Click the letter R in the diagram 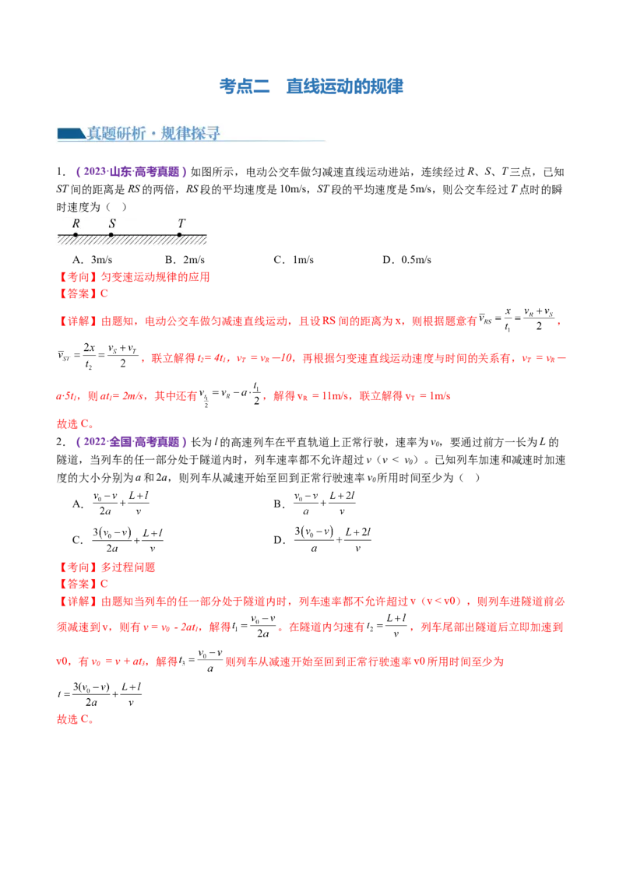76,223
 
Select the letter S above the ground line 112,223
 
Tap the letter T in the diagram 181,223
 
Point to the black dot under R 76,233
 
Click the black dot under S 111,233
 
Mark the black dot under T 181,233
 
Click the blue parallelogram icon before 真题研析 69,134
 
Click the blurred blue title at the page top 311,86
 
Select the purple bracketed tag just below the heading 131,170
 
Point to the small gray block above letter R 80,212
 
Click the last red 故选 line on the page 75,721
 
